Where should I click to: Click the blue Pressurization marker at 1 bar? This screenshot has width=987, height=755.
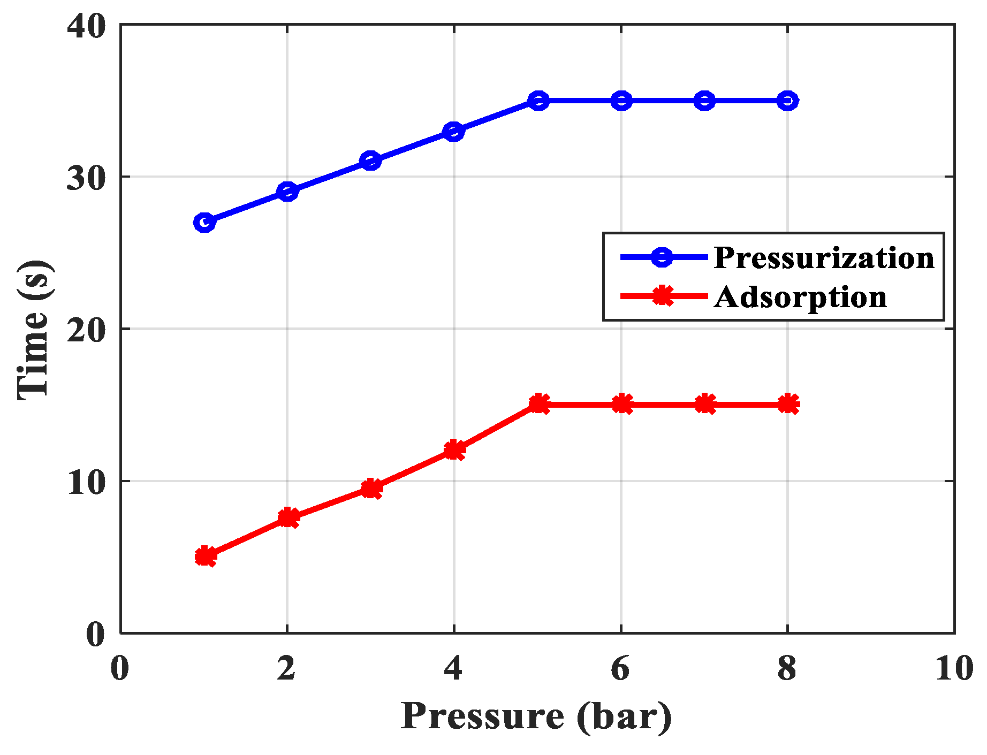(x=204, y=222)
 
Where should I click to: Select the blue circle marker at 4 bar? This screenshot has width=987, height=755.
(x=454, y=131)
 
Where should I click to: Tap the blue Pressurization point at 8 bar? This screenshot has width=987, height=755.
(x=787, y=101)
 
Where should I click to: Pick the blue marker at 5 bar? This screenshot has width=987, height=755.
(x=538, y=101)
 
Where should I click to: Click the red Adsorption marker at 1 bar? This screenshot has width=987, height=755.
(x=205, y=556)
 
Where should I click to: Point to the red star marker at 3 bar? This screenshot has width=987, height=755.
(x=371, y=489)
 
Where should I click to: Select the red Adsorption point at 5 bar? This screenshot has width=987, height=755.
(x=538, y=404)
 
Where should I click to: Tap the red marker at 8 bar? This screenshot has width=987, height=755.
(x=788, y=404)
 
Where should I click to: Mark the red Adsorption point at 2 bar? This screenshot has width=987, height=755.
(x=288, y=517)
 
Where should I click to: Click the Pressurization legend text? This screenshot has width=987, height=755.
(x=824, y=258)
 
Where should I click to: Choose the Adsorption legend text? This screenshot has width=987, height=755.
(x=800, y=297)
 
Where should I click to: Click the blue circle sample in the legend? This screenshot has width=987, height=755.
(x=663, y=257)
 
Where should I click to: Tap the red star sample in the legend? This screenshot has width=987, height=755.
(x=663, y=295)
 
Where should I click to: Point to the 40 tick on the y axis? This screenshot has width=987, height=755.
(x=86, y=26)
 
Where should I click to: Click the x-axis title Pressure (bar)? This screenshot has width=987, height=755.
(x=536, y=716)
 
